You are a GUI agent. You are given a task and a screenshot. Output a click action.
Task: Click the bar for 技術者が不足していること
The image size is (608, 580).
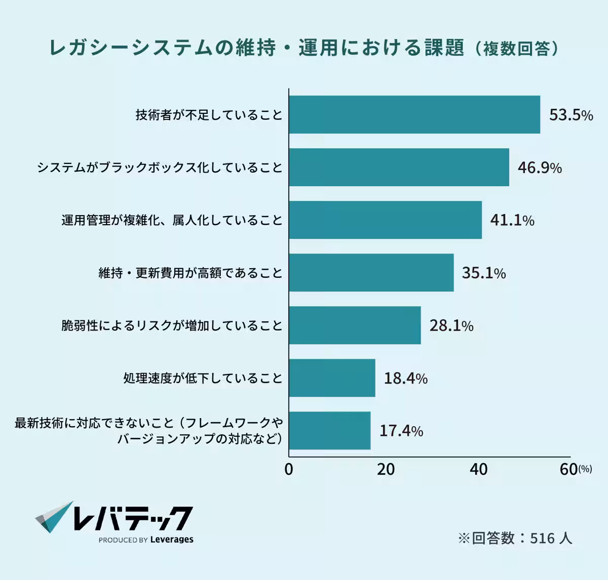tap(414, 115)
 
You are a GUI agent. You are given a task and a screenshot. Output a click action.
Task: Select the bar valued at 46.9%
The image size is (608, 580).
tap(399, 168)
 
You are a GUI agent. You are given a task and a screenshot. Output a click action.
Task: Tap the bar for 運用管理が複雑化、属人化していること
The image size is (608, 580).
tap(385, 220)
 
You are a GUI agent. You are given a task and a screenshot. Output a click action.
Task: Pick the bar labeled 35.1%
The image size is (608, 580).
tap(371, 273)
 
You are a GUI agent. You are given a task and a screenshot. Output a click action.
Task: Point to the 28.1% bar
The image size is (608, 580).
tap(355, 325)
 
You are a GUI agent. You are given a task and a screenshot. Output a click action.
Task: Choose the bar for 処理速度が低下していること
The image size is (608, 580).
tap(332, 378)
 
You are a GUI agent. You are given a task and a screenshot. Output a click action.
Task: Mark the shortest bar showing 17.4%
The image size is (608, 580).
tap(330, 431)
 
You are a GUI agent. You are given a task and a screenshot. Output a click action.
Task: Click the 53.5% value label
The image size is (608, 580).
tap(571, 115)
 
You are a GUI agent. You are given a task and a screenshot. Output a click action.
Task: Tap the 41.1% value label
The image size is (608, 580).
tap(512, 220)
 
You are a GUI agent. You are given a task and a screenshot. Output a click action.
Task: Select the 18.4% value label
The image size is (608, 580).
tap(405, 378)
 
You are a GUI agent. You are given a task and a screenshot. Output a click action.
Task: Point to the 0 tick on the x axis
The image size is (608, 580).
tap(289, 470)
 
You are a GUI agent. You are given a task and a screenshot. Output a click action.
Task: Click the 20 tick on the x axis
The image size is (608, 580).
tap(386, 470)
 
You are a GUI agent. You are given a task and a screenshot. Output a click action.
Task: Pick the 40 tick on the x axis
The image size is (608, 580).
tap(478, 470)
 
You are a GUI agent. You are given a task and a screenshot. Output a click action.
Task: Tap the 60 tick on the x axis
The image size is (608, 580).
tap(569, 470)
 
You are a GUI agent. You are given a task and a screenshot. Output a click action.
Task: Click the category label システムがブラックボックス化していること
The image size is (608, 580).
tap(160, 168)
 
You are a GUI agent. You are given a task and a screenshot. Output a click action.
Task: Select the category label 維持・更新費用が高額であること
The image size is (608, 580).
tap(191, 273)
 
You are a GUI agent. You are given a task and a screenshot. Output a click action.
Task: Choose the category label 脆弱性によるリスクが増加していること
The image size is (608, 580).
tap(172, 325)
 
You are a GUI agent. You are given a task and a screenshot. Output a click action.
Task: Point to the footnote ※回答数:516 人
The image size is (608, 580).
tap(515, 537)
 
